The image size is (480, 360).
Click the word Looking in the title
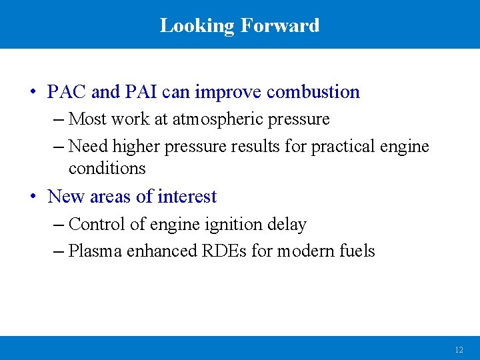coord(197,26)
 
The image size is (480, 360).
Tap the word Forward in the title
coord(280,26)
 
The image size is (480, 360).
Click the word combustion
coord(313,92)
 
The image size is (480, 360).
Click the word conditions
coord(107,168)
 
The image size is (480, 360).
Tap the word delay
coord(286,225)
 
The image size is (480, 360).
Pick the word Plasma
coord(95,251)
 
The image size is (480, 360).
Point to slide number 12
coord(459,349)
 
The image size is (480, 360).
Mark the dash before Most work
coord(57,120)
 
